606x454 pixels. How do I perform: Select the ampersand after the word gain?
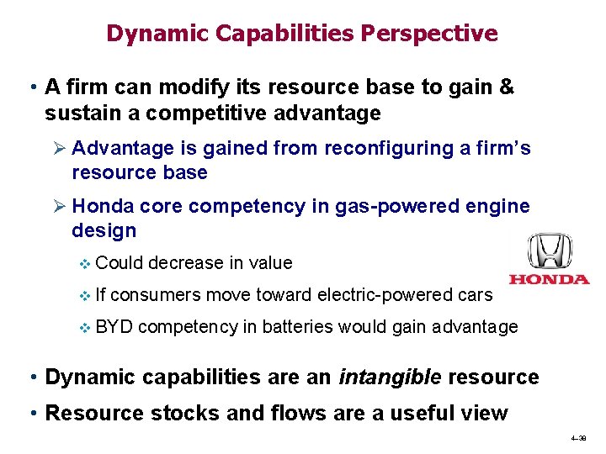(506, 87)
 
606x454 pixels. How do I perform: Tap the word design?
(104, 230)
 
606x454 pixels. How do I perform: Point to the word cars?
(474, 294)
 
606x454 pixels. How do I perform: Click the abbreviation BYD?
(114, 326)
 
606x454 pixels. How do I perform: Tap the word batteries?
(295, 326)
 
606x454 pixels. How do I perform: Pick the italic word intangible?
(389, 377)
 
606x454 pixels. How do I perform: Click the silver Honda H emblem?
(549, 251)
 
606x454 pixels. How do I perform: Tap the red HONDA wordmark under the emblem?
(549, 279)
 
